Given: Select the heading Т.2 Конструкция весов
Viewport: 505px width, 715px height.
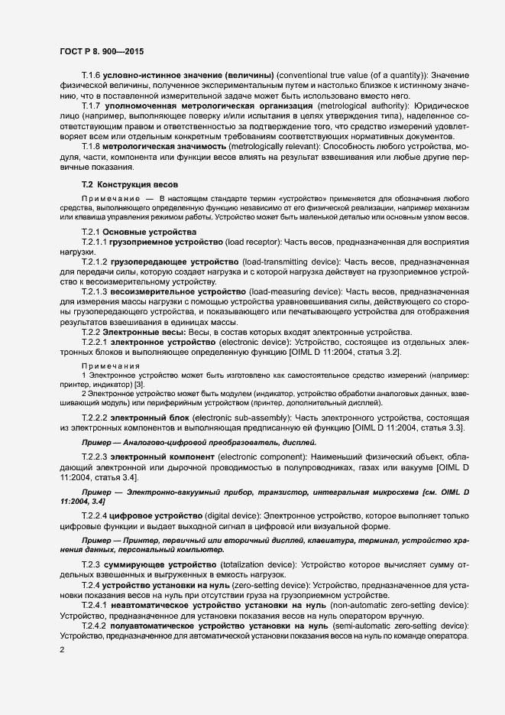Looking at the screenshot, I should pos(129,185).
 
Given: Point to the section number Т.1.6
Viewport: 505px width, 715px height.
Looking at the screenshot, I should pos(92,75).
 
